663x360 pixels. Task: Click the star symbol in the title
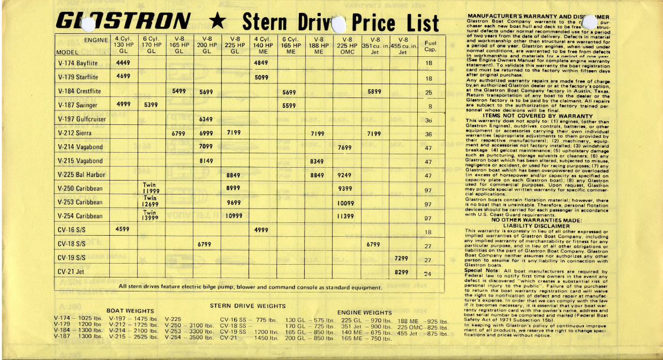[x=217, y=22]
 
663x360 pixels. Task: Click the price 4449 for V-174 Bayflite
[x=124, y=63]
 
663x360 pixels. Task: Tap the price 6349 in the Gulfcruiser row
[x=206, y=119]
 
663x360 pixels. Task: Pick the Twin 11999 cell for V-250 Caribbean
[x=150, y=189]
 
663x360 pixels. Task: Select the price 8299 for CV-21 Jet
[x=402, y=272]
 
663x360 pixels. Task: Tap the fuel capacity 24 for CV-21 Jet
[x=428, y=273]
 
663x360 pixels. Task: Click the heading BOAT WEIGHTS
[x=130, y=311]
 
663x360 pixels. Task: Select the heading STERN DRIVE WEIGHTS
[x=248, y=306]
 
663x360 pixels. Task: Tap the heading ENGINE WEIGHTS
[x=365, y=312]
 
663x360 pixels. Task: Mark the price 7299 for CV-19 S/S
[x=402, y=258]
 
